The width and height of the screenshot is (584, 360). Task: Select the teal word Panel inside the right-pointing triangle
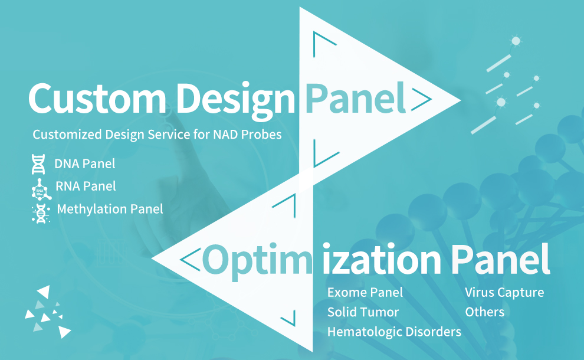(355, 97)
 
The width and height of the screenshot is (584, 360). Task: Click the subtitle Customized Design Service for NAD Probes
(157, 134)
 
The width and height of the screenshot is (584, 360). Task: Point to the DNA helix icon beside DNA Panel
(38, 164)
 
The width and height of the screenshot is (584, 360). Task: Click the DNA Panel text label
(84, 163)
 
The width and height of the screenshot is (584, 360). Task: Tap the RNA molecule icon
(41, 189)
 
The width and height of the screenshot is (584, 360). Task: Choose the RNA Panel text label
(86, 186)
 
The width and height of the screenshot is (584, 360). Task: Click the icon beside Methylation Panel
(41, 213)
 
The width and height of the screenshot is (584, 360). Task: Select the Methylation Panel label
(110, 209)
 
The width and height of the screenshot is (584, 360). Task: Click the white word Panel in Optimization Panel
(500, 259)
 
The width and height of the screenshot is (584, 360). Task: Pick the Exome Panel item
(365, 293)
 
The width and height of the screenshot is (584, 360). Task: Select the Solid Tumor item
(363, 312)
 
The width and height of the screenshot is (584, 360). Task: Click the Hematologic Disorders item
(394, 332)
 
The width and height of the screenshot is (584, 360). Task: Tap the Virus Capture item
(504, 293)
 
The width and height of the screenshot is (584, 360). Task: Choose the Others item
(484, 312)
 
